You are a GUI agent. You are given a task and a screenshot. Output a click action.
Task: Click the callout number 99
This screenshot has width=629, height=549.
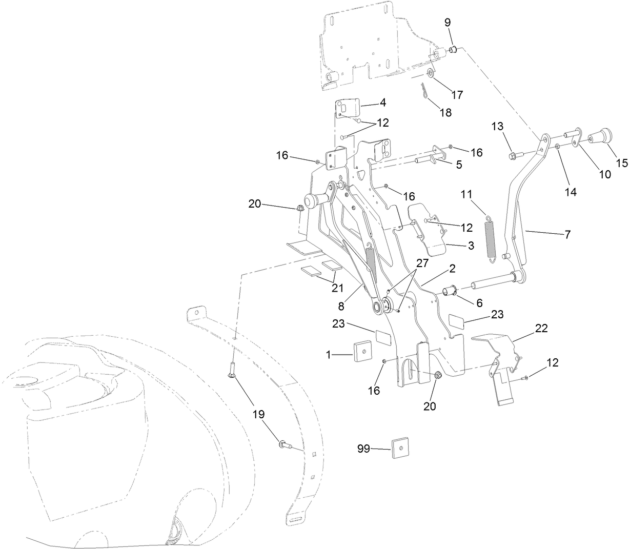coord(364,449)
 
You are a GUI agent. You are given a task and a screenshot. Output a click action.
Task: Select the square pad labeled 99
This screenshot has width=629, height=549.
coord(400,447)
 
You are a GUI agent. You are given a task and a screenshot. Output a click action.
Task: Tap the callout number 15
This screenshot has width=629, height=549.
coord(621,164)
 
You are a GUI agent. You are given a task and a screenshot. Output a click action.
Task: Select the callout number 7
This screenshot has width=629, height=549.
coord(567,234)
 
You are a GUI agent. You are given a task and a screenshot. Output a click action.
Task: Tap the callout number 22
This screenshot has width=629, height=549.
coord(541,329)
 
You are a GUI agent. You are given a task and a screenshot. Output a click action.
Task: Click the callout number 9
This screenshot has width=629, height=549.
coord(448,22)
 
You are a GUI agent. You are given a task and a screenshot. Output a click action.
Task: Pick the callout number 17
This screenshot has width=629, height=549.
coord(457,95)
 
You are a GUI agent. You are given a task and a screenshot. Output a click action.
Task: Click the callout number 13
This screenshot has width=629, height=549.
coord(498,126)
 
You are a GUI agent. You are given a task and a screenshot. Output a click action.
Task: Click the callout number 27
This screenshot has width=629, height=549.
coord(421,263)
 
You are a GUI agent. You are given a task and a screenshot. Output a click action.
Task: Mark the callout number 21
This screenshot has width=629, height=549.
coord(337,288)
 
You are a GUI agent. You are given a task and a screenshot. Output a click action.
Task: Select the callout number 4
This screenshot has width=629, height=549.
coord(382,102)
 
